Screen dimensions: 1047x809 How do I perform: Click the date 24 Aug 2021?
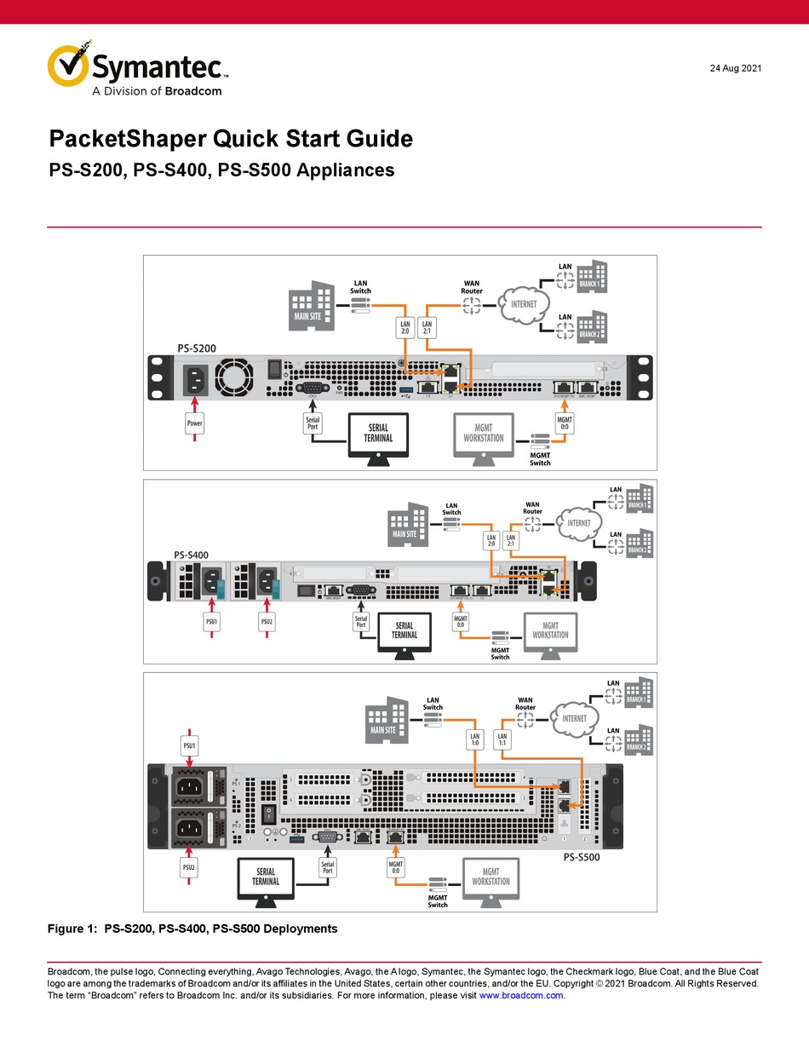(736, 68)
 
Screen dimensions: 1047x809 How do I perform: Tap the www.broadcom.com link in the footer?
(521, 995)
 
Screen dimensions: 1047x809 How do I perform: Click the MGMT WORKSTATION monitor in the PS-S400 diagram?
(550, 630)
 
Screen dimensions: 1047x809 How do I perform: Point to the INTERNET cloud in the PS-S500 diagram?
(575, 718)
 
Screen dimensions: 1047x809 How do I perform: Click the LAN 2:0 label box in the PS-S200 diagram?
(405, 328)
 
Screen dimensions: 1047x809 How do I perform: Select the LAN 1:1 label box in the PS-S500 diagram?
(502, 741)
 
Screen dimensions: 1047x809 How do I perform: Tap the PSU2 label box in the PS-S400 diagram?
(267, 622)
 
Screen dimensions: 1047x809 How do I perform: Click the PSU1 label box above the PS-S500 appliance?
(190, 746)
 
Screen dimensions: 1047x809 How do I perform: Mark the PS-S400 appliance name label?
(191, 555)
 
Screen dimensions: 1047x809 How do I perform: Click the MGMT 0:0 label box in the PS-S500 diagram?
(396, 867)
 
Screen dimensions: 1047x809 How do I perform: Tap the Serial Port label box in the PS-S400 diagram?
(361, 622)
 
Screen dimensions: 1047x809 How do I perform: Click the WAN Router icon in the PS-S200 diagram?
(472, 308)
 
